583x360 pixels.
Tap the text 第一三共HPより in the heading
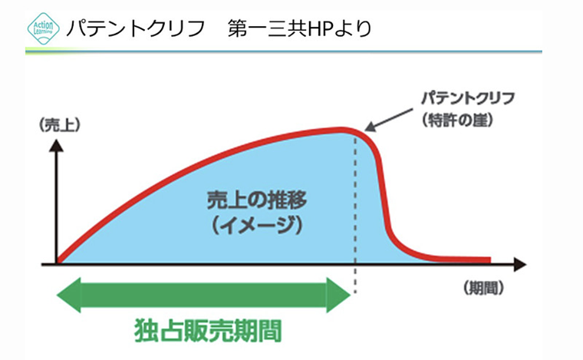click(300, 29)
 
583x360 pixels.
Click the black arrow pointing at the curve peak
click(391, 115)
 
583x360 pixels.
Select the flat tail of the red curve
click(460, 259)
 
